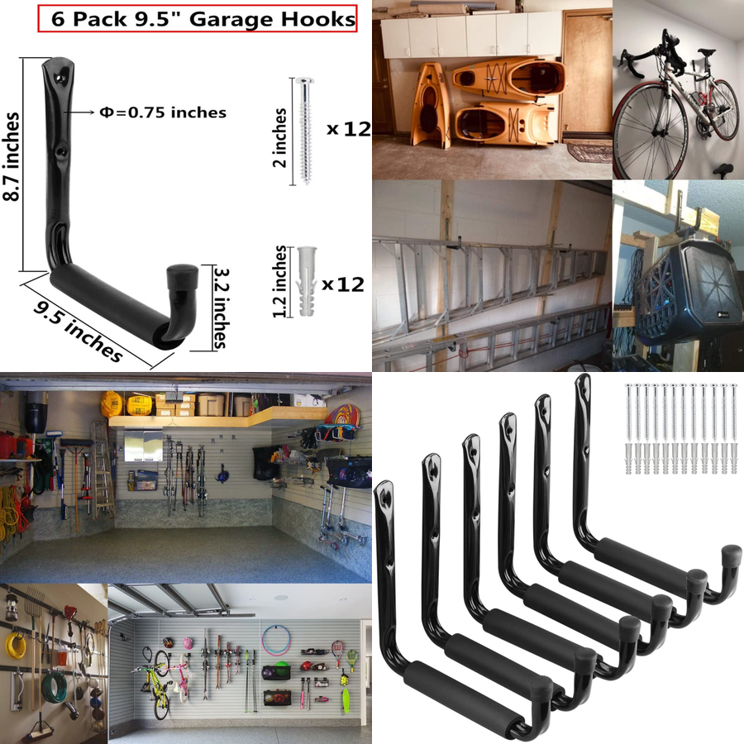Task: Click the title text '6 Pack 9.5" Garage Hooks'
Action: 197,19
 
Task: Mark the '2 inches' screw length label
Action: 280,136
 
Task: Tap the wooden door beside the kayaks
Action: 586,74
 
